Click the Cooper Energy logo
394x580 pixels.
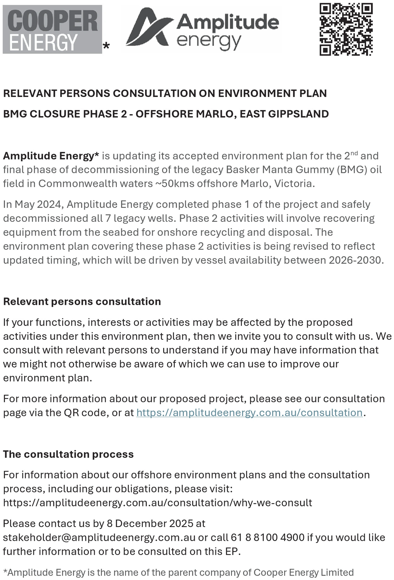click(x=52, y=29)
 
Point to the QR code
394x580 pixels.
click(x=346, y=29)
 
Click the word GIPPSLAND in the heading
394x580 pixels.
click(x=299, y=114)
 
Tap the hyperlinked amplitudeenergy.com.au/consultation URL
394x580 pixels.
click(x=249, y=413)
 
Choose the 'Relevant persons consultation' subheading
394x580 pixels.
click(x=82, y=301)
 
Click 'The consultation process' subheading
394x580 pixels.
click(x=68, y=454)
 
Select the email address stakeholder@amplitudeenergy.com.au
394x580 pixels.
click(x=99, y=538)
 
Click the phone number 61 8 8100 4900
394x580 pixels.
click(x=268, y=538)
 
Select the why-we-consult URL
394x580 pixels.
click(x=158, y=503)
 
